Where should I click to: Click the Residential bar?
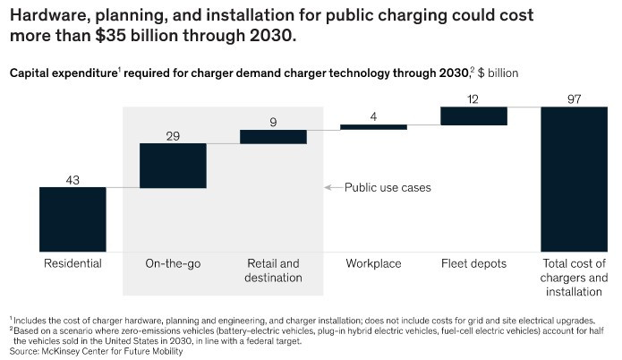pyautogui.click(x=73, y=219)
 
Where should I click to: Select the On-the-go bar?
pyautogui.click(x=174, y=166)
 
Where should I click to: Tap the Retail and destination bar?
pyautogui.click(x=274, y=136)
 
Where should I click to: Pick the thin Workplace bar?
pyautogui.click(x=373, y=127)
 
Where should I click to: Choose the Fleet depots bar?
pyautogui.click(x=473, y=116)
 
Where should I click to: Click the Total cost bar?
pyautogui.click(x=574, y=179)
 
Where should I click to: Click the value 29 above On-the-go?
pyautogui.click(x=174, y=135)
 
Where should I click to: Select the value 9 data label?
pyautogui.click(x=274, y=121)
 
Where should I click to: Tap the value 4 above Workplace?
pyautogui.click(x=373, y=115)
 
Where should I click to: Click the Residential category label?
pyautogui.click(x=73, y=264)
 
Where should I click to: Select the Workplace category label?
pyautogui.click(x=373, y=264)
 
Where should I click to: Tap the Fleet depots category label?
pyautogui.click(x=473, y=264)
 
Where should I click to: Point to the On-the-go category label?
pyautogui.click(x=174, y=264)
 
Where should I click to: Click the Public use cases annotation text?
pyautogui.click(x=388, y=188)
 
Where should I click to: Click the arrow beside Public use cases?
pyautogui.click(x=333, y=188)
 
